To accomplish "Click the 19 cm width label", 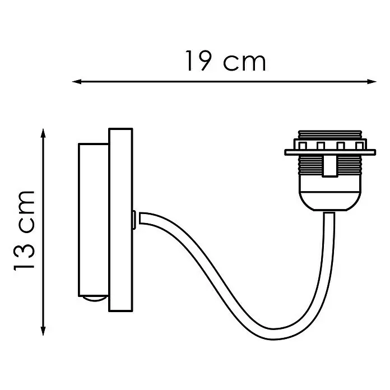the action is (226, 61).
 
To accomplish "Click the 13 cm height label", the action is (24, 230).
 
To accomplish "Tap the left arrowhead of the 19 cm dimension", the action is (77, 81).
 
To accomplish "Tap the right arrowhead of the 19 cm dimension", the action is (372, 81).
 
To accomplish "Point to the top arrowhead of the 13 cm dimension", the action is (43, 133).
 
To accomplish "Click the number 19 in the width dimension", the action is (198, 61).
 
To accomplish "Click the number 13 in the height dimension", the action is (24, 257).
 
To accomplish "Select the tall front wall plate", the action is (120, 220).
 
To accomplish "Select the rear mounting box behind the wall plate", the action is (94, 220).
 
